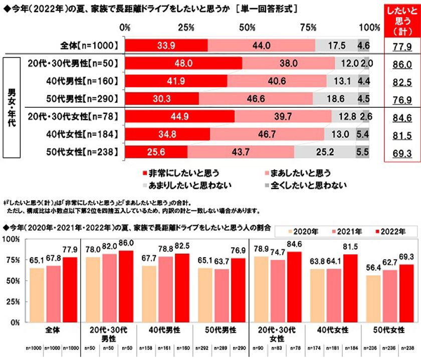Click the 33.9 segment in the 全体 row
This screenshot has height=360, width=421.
166,45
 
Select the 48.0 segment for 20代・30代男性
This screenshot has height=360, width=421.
183,64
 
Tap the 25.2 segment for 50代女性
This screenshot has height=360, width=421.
325,151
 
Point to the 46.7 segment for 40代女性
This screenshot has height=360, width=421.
267,134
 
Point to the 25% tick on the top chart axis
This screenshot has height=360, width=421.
186,27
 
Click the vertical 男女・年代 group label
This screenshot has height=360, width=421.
11,107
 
